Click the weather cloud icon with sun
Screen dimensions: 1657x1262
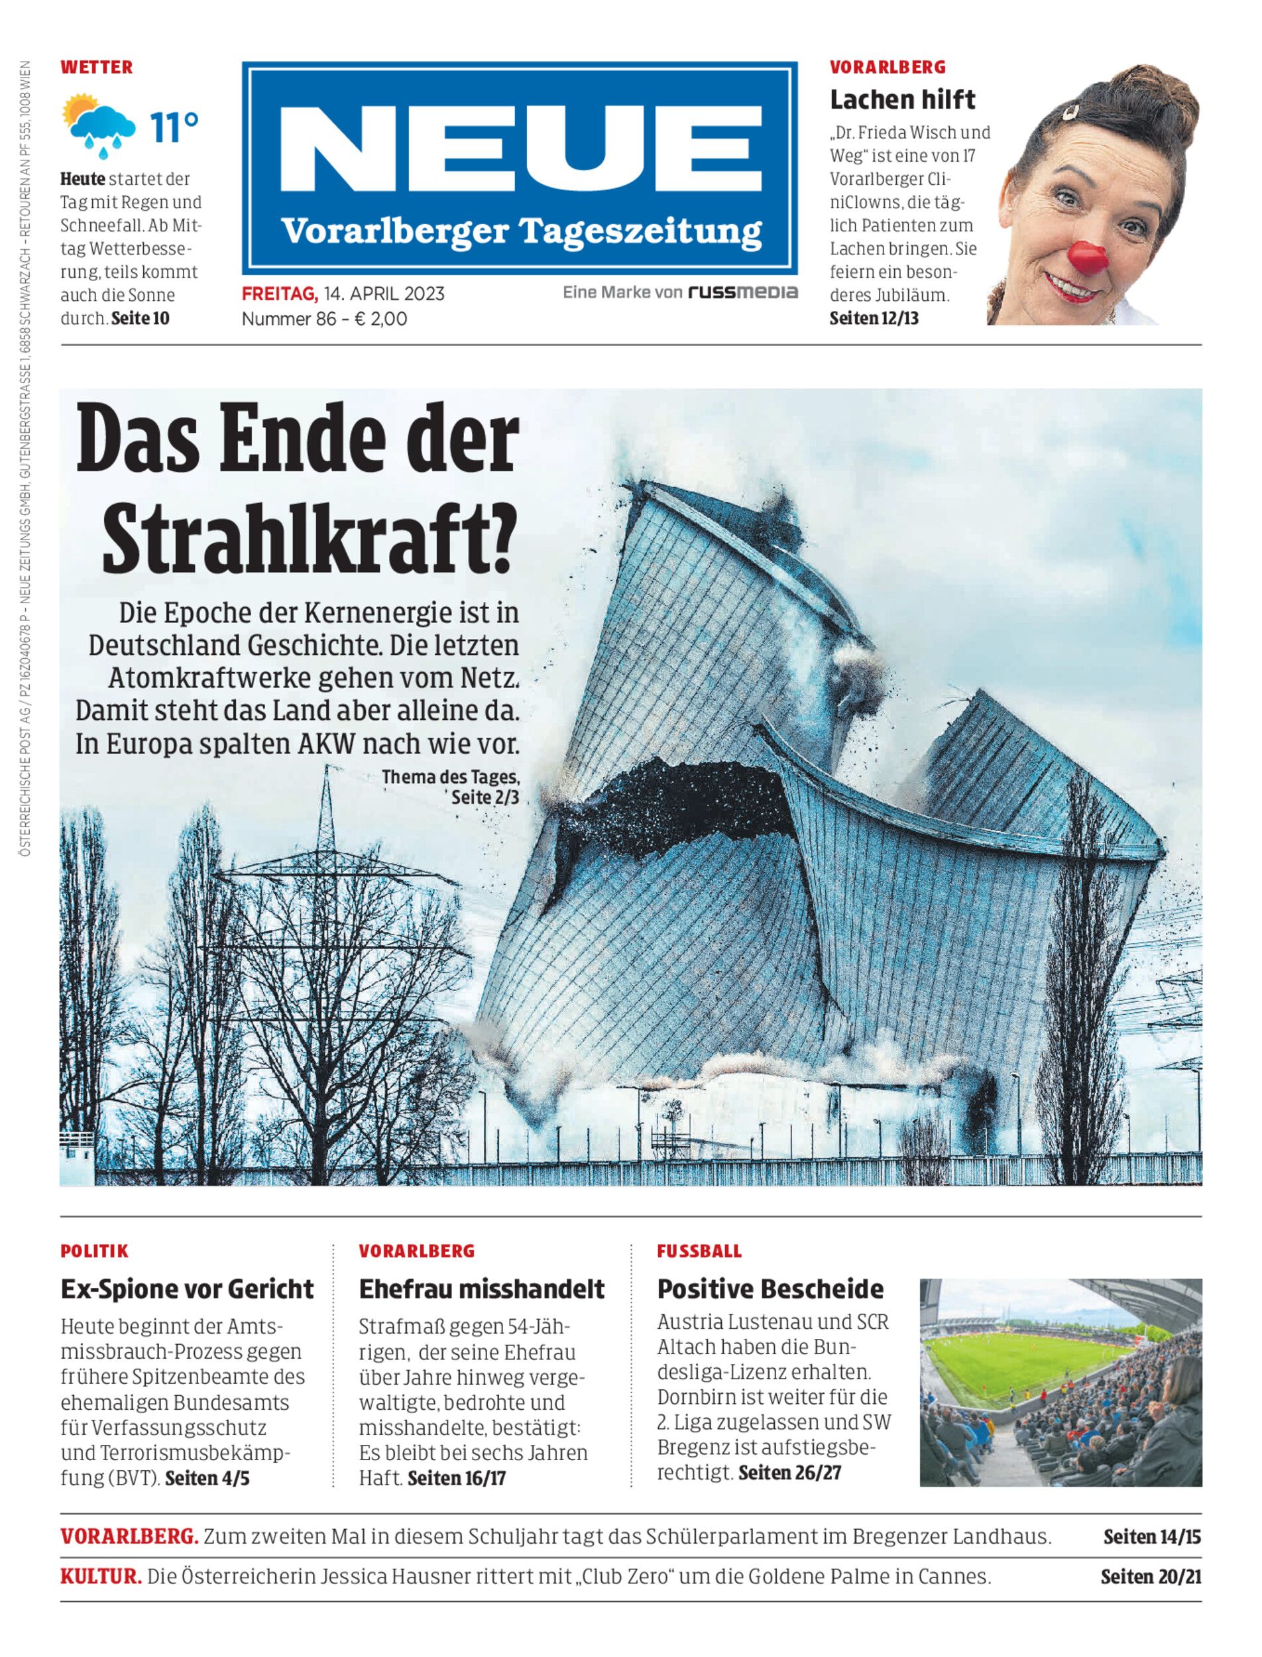click(x=99, y=125)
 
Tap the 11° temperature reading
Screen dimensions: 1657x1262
click(x=174, y=128)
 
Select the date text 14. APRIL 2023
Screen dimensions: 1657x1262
click(x=384, y=294)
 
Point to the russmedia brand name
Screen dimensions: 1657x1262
click(x=743, y=292)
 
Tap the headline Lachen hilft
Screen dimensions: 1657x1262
click(x=902, y=99)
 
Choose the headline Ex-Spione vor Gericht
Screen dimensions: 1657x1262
click(x=187, y=1289)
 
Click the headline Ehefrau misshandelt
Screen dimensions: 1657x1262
click(x=481, y=1289)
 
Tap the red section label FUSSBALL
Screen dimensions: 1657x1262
click(x=699, y=1251)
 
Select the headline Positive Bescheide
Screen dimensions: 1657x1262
click(x=770, y=1289)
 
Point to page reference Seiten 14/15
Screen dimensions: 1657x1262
click(x=1151, y=1536)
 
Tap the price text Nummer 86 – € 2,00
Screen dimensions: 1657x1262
click(x=325, y=319)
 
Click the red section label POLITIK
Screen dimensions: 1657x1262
click(x=95, y=1251)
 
